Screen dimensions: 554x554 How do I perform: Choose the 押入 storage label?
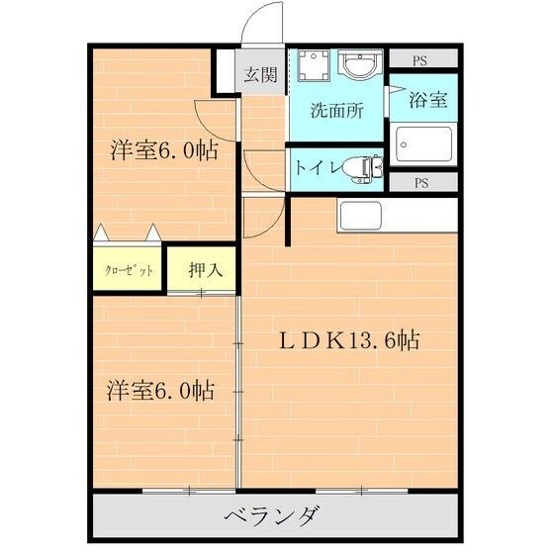(202, 269)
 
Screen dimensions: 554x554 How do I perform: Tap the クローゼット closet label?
(130, 270)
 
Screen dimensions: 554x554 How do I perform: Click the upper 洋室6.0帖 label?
(164, 151)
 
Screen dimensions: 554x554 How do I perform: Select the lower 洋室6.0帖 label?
(160, 390)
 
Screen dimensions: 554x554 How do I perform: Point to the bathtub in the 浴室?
(422, 147)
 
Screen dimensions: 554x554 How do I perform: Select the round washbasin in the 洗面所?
(355, 67)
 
